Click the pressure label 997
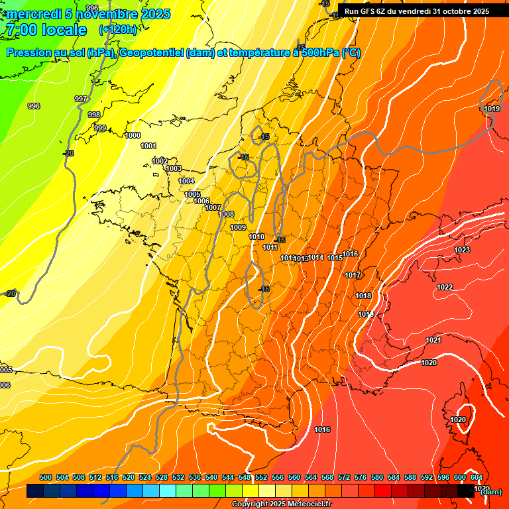tap(81, 99)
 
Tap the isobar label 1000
tap(133, 135)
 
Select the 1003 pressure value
tap(174, 169)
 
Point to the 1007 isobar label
tap(213, 207)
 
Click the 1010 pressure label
tap(256, 237)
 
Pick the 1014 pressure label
tap(316, 257)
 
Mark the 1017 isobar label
tap(353, 275)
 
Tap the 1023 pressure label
tap(462, 250)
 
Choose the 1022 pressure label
tap(445, 287)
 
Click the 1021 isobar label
tap(433, 340)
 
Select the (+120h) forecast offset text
tap(117, 30)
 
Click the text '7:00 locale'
tap(46, 30)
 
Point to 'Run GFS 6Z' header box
tap(417, 11)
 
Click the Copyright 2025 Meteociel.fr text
tap(281, 504)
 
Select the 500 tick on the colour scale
tap(46, 477)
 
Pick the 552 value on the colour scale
tap(261, 477)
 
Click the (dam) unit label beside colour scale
tap(491, 492)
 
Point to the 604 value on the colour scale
tap(476, 477)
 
